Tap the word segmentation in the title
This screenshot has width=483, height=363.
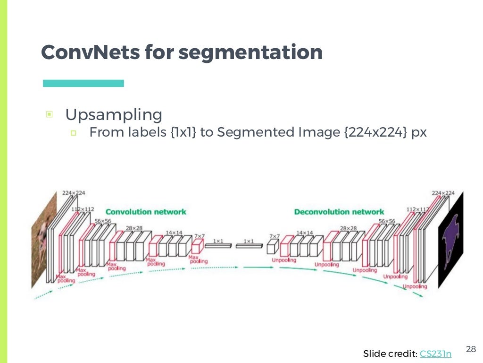[x=250, y=52]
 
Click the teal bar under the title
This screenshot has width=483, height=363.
[x=83, y=83]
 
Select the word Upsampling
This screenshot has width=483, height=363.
[x=114, y=114]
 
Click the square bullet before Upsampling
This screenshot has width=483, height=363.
[x=49, y=114]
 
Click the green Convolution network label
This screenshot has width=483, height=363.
[x=146, y=212]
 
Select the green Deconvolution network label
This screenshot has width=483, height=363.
[x=339, y=212]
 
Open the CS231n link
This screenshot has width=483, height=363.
[x=435, y=354]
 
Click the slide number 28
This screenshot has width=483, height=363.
[x=471, y=349]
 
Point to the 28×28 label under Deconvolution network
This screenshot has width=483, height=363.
[x=348, y=228]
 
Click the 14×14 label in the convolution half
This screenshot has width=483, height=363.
[x=174, y=233]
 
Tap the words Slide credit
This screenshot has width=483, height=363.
[x=390, y=354]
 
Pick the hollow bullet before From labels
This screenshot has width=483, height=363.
[x=73, y=133]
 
